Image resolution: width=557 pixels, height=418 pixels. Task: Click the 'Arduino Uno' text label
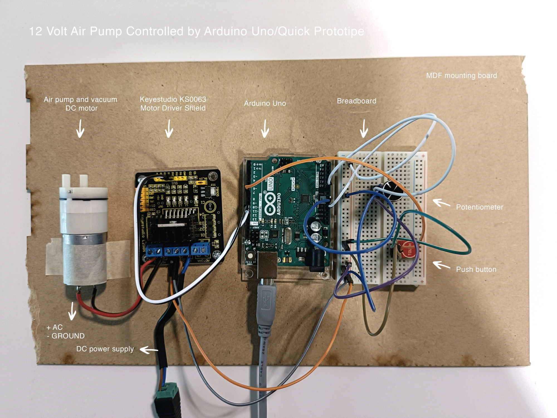point(265,103)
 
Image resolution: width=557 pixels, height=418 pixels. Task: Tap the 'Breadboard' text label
point(356,101)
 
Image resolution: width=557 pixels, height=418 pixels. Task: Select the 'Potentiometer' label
point(480,207)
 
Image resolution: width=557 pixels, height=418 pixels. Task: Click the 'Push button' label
point(476,269)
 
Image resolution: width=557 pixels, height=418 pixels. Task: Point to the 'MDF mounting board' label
point(461,76)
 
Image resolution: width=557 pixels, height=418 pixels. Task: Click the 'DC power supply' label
point(105,349)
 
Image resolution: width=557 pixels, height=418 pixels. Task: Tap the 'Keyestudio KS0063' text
point(173,99)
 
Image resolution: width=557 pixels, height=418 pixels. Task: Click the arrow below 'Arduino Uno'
point(265,129)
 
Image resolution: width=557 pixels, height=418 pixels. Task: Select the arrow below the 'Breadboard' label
point(364,129)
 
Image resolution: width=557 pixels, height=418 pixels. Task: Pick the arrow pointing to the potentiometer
point(441,203)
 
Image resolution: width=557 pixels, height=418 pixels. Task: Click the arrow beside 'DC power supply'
point(149,350)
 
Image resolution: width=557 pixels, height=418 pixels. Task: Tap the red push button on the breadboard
point(407,249)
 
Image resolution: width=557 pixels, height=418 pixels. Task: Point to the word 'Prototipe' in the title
point(339,31)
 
